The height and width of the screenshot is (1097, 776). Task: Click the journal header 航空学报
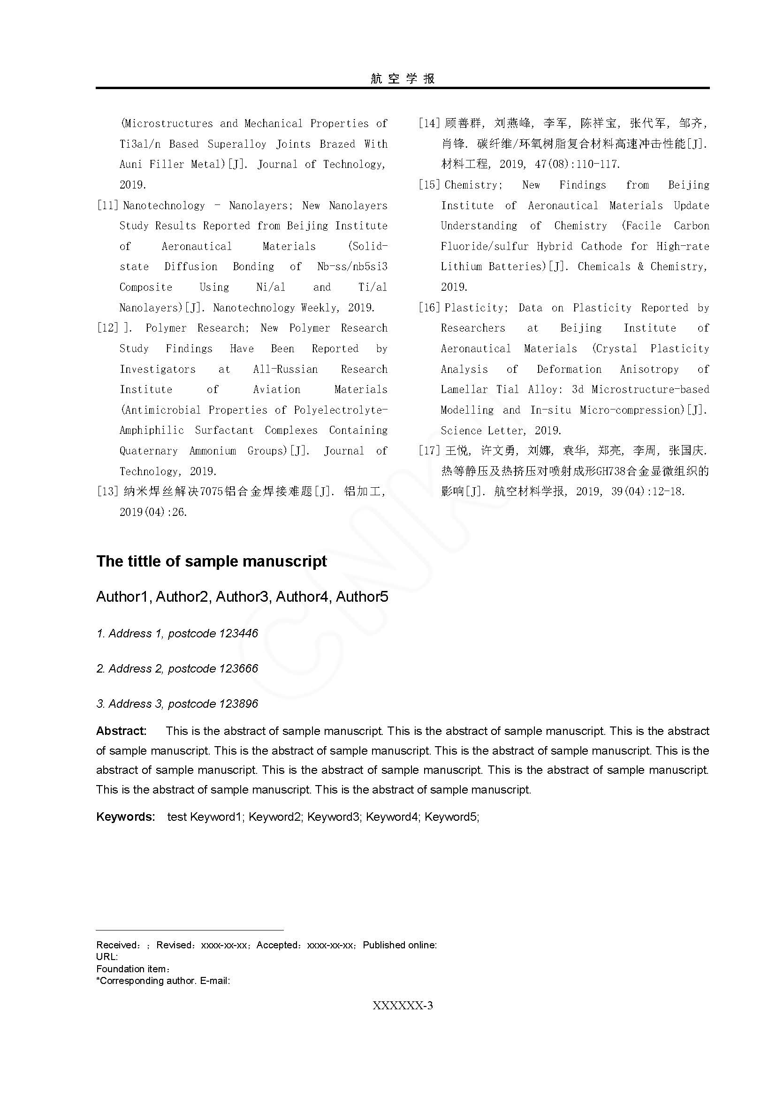[403, 78]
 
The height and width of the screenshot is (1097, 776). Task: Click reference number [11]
[107, 205]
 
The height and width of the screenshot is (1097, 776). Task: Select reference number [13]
[107, 491]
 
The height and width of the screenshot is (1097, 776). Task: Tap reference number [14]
[429, 123]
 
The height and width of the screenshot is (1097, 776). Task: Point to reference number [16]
[429, 308]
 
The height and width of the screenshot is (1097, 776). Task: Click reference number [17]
[429, 451]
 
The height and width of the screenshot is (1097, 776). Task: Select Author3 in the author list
[243, 597]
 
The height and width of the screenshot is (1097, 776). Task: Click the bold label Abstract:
[122, 731]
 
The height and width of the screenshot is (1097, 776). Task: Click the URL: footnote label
[107, 956]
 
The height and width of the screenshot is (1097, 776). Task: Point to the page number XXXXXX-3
[403, 1005]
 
